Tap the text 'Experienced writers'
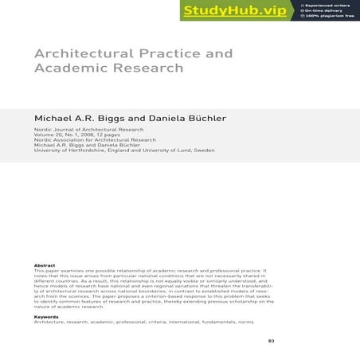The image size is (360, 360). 331,4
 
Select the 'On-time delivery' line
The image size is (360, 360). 327,10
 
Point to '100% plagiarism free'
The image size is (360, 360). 330,17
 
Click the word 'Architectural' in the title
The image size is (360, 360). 82,54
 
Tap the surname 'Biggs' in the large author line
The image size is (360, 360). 114,118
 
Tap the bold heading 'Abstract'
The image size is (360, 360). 45,265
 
